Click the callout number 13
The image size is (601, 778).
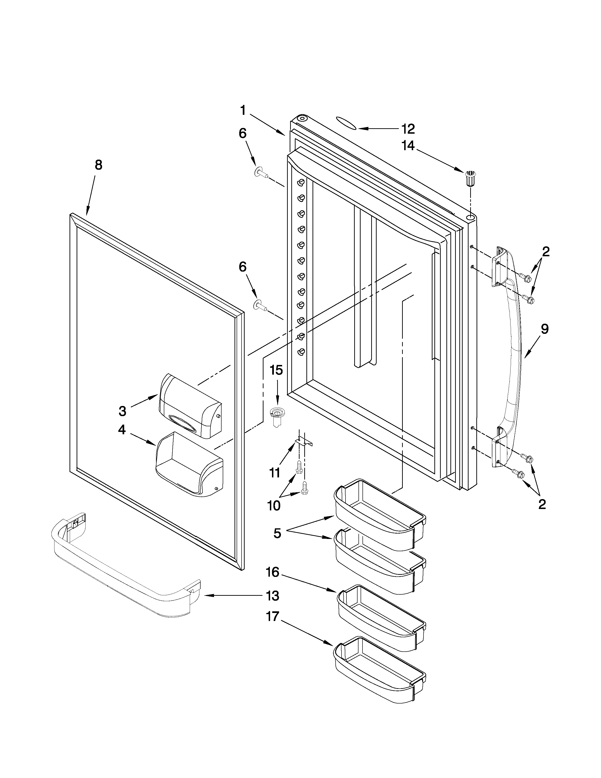coord(273,596)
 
